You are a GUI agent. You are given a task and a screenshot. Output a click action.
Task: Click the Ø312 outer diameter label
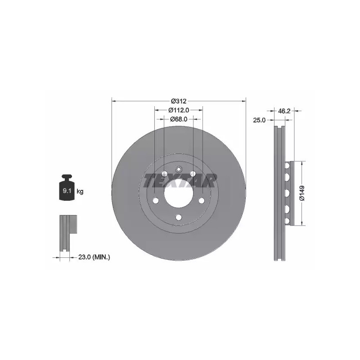tap(178, 101)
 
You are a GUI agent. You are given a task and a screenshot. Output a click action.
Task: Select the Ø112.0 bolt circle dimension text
tap(179, 110)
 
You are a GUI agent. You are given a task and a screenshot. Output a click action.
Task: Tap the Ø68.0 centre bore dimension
tap(179, 119)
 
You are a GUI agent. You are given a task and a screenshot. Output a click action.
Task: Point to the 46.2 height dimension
tap(284, 111)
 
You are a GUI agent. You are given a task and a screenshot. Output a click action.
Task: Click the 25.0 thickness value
tap(259, 120)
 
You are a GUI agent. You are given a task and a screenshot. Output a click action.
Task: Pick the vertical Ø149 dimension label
tap(302, 193)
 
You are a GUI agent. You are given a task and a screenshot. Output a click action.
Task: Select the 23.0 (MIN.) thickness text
tap(94, 257)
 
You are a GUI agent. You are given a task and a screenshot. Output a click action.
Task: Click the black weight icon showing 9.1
tap(67, 187)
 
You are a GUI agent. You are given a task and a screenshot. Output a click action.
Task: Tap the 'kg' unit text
tap(80, 191)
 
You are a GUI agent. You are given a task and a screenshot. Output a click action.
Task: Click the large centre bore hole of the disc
tap(178, 193)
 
